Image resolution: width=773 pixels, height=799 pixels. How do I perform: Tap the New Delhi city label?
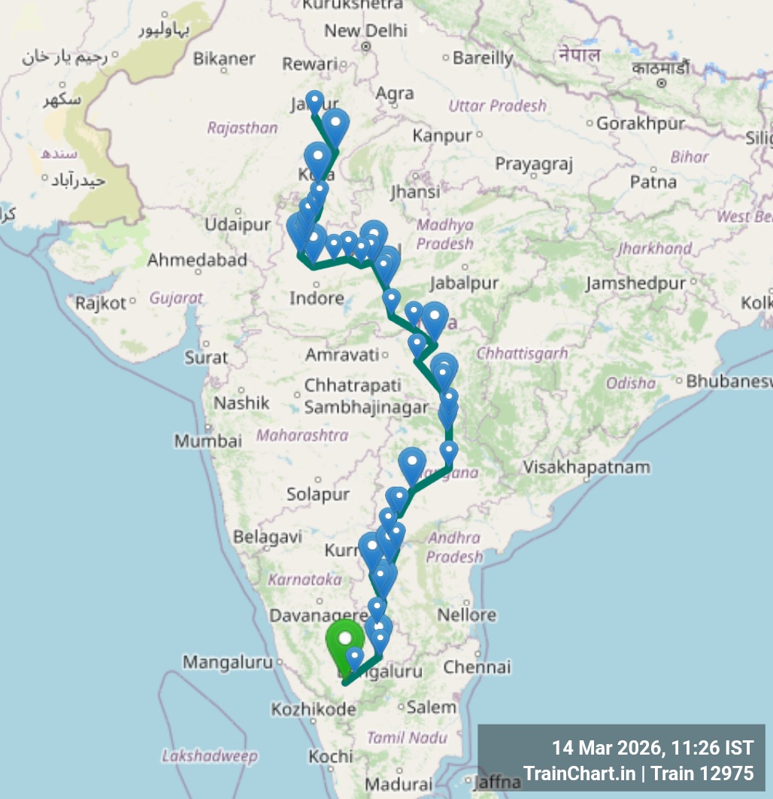[365, 31]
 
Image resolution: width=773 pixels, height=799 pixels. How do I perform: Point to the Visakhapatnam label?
[587, 466]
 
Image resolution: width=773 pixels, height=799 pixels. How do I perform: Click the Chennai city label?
[477, 667]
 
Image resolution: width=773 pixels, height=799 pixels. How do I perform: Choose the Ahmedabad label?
[197, 260]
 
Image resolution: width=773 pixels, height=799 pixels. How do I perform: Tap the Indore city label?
[317, 299]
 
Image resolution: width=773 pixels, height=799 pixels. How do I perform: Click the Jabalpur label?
[464, 284]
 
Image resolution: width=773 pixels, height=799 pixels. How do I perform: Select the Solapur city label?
[317, 494]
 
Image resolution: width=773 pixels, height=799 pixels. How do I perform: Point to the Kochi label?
[330, 756]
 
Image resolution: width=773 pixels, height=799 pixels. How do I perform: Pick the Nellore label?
[467, 615]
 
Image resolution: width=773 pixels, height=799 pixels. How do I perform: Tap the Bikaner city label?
[224, 58]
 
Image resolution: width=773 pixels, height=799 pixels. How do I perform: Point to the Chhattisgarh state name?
[522, 353]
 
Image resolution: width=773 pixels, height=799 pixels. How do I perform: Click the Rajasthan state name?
[242, 128]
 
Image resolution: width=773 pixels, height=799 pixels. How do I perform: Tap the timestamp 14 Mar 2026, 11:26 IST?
[652, 748]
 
